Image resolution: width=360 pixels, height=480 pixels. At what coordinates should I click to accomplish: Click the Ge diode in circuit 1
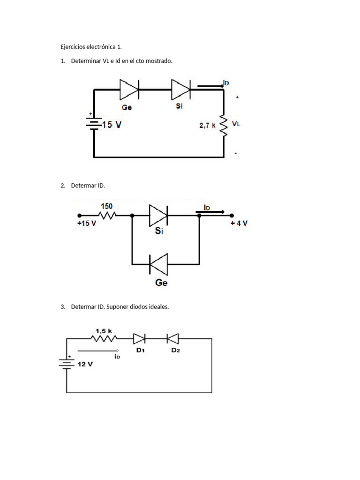coord(129,89)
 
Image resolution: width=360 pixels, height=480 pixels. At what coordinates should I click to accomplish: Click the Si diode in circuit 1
coord(181,89)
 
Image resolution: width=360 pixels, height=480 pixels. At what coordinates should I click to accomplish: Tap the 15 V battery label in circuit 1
coord(111,125)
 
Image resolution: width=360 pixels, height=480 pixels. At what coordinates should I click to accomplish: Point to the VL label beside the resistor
coord(236,125)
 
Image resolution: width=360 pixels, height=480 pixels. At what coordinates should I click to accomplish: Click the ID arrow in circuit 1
coord(210,86)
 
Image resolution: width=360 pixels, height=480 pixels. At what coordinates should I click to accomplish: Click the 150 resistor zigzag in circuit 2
coord(107,216)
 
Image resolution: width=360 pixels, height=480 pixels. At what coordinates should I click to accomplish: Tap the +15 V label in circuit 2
coord(87,224)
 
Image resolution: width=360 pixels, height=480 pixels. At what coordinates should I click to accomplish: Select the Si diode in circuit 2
coord(158,216)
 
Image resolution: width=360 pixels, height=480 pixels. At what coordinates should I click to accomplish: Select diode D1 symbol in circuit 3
coord(140,337)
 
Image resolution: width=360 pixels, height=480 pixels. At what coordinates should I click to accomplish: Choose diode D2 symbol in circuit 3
coord(172,337)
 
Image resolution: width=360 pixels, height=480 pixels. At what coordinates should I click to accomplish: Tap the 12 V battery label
coord(85,364)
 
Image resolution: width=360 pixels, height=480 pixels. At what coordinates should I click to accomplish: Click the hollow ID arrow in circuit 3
coord(98,350)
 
